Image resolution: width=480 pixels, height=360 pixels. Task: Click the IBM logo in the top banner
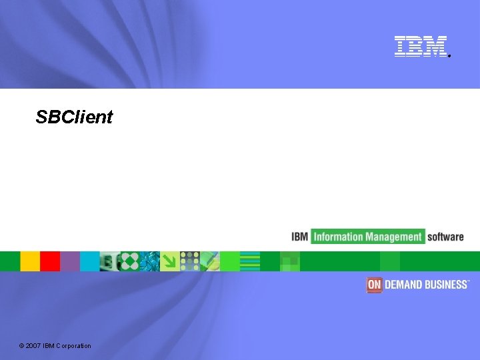(x=421, y=46)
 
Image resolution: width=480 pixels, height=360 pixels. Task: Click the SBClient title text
(x=74, y=117)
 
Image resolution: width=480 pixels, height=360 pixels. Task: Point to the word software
(x=445, y=237)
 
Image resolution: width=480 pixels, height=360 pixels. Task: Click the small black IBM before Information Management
(x=299, y=237)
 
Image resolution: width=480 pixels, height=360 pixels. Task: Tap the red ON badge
(x=374, y=285)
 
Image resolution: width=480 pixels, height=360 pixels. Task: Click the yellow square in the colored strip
(x=30, y=261)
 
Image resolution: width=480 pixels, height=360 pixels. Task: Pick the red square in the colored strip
(x=50, y=261)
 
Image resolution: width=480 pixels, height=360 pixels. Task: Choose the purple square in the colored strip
(x=70, y=261)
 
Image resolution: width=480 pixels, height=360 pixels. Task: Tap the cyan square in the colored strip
(x=89, y=261)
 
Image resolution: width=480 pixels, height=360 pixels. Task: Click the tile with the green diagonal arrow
(x=170, y=261)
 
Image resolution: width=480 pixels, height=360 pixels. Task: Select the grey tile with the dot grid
(x=190, y=261)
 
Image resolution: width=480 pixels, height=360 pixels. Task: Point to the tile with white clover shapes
(x=130, y=261)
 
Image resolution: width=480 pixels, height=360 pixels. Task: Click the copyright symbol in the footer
(x=22, y=345)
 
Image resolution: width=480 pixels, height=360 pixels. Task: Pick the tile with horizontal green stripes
(x=250, y=261)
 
